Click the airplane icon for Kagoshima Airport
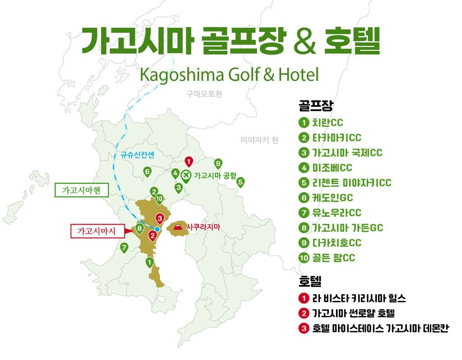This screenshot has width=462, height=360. click(x=186, y=175)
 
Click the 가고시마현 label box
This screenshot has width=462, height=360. click(x=82, y=190)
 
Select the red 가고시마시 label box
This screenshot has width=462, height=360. click(x=97, y=231)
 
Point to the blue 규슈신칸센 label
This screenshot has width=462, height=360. click(x=138, y=155)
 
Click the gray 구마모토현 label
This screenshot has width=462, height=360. click(x=204, y=94)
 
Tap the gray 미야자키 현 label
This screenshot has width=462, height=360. click(x=259, y=140)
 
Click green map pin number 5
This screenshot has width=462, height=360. click(x=240, y=182)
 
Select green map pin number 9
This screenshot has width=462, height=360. click(x=218, y=163)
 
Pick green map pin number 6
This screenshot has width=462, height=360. click(x=147, y=171)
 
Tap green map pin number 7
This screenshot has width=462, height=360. click(x=124, y=247)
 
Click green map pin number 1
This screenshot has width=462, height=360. click(x=149, y=262)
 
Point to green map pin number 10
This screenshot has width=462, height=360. click(x=159, y=198)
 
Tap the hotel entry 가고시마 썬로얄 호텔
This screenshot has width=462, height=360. click(x=353, y=313)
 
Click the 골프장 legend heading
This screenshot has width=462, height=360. click(x=315, y=106)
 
